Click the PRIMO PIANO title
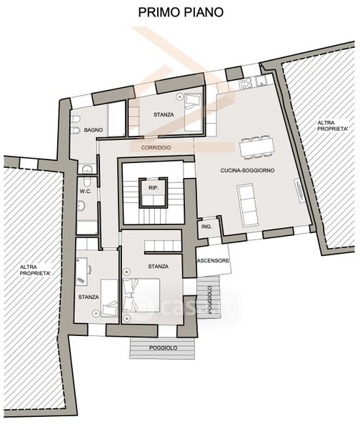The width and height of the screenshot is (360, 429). click(181, 12)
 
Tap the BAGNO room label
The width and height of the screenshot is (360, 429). click(93, 130)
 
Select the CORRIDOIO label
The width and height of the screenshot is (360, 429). click(156, 147)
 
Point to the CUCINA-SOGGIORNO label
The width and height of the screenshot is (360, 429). click(247, 170)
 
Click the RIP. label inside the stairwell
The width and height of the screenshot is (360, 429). click(154, 188)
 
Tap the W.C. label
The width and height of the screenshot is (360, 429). click(85, 192)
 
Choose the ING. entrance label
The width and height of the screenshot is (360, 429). click(206, 227)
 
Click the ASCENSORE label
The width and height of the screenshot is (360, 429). click(213, 260)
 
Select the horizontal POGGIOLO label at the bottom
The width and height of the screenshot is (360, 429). click(163, 348)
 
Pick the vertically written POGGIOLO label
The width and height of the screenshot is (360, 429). click(210, 300)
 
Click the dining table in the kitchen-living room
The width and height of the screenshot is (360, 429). click(256, 147)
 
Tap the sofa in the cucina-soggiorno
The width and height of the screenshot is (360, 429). click(247, 205)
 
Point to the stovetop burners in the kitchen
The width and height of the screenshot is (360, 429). click(246, 82)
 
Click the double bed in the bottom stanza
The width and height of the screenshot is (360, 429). click(141, 295)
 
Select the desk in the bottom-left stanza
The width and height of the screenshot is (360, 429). click(81, 272)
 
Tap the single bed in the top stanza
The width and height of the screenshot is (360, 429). click(194, 112)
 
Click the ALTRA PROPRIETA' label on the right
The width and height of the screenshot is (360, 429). click(333, 126)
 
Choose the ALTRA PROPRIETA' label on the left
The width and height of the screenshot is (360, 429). click(35, 270)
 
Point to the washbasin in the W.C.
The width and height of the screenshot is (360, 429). click(81, 206)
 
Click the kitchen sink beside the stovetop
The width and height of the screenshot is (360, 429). click(261, 81)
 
